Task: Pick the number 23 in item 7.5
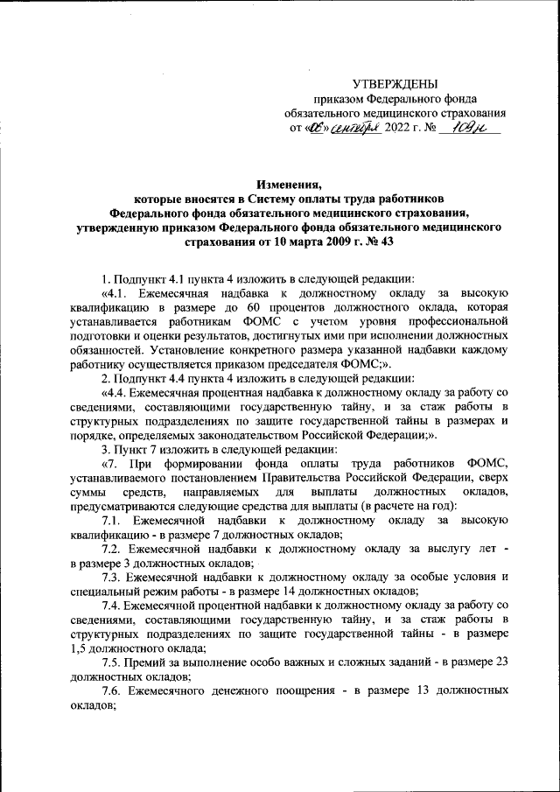click(502, 662)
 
